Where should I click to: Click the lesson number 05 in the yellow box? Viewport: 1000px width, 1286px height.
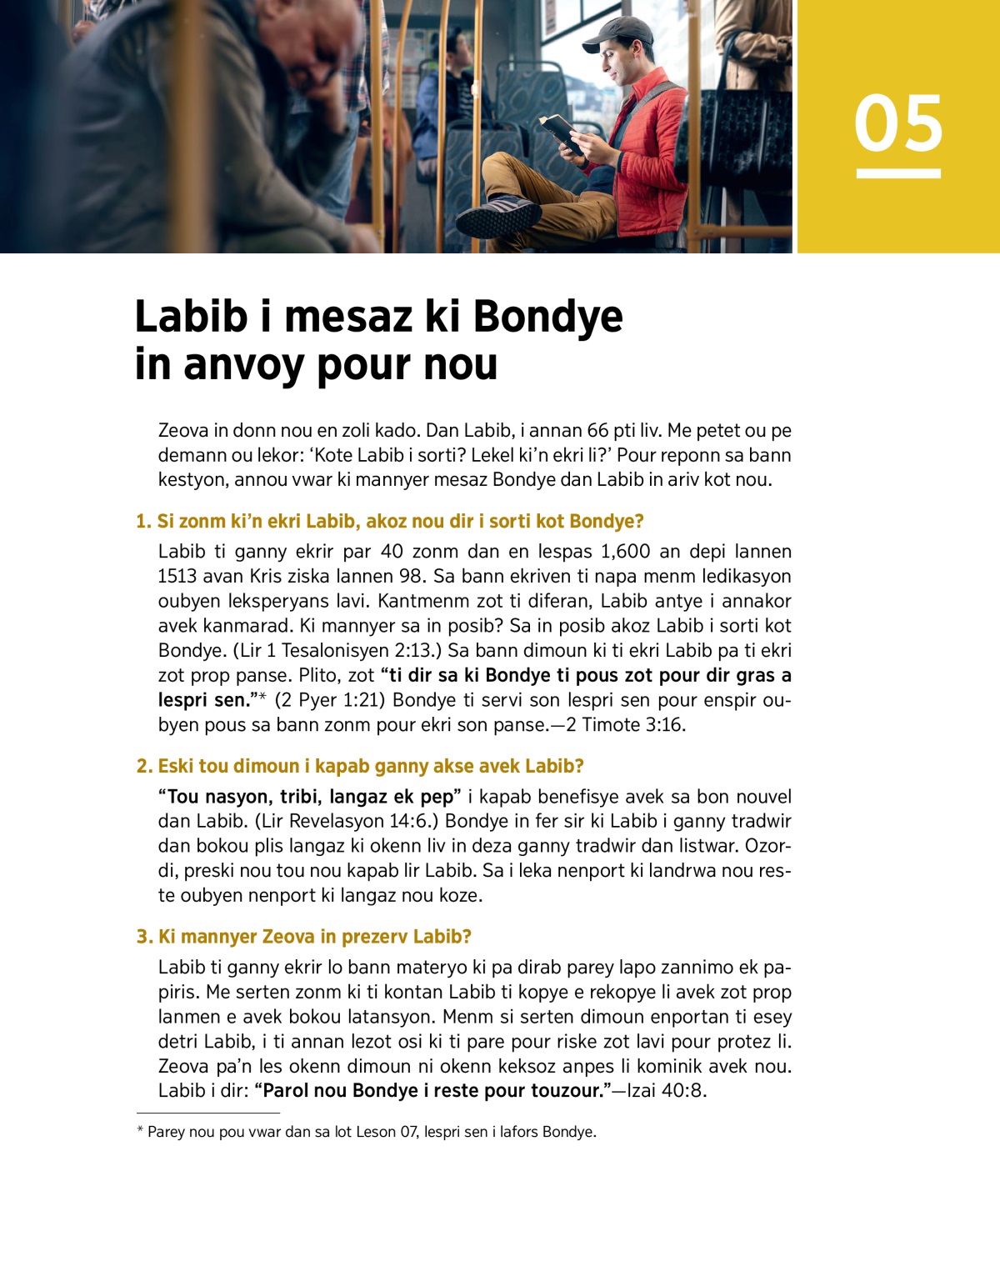898,123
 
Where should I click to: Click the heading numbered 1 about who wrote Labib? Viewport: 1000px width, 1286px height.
390,522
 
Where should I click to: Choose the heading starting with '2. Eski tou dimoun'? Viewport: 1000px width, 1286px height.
360,767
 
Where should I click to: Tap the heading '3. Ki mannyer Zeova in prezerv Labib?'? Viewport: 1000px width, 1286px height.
304,937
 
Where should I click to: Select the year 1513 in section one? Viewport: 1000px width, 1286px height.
178,577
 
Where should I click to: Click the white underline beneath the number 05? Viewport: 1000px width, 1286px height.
898,173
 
